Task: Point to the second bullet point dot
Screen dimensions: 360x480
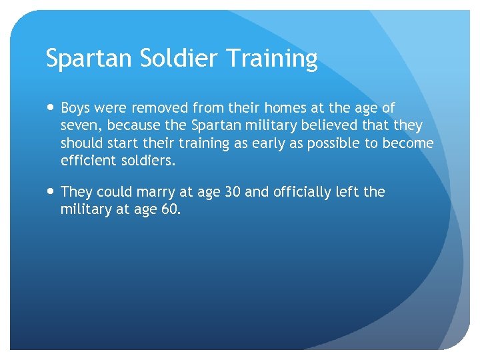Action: [51, 192]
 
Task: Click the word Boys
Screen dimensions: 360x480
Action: [76, 108]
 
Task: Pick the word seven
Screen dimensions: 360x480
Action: [79, 126]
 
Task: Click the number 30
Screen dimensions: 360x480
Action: [231, 192]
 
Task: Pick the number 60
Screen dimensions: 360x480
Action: [169, 209]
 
